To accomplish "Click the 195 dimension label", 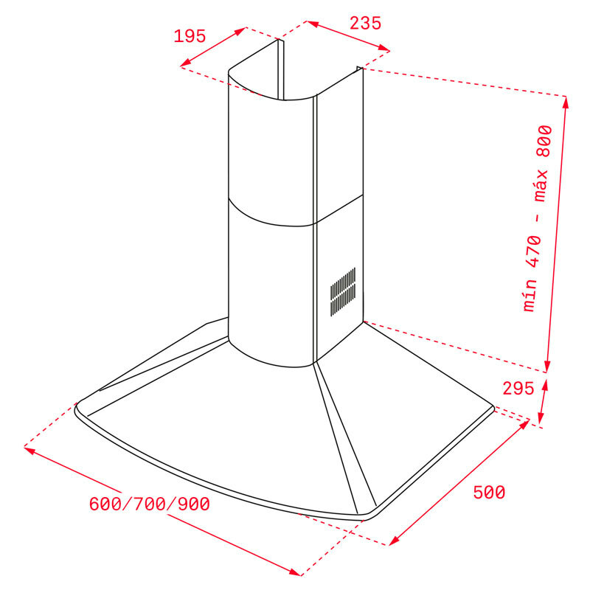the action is (x=190, y=36).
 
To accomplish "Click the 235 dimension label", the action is (x=365, y=24).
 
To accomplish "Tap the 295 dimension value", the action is (x=518, y=389).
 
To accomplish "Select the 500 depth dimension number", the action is (x=489, y=492).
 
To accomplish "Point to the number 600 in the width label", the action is (x=105, y=504).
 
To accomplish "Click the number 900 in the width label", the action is (x=194, y=504).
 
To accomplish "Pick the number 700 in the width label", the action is (x=150, y=504).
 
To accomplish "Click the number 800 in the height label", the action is (x=544, y=141).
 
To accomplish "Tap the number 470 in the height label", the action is (x=534, y=251).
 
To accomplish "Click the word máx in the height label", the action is (x=541, y=185).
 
